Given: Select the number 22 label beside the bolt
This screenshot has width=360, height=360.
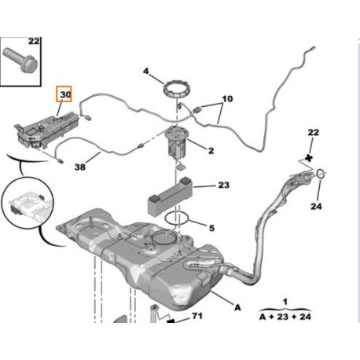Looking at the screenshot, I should pos(33,41).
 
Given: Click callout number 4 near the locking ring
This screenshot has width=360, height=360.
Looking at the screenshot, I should pos(145,73).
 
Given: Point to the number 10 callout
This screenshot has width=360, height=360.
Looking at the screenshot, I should pos(227,100).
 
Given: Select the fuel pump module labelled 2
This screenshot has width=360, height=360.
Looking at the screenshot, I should pos(178,141).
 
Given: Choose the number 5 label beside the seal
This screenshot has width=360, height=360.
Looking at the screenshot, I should pos(210,229).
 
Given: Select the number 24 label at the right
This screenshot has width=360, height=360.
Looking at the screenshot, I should pos(317,208).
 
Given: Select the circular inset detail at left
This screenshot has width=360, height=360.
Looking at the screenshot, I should pos(28,204).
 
